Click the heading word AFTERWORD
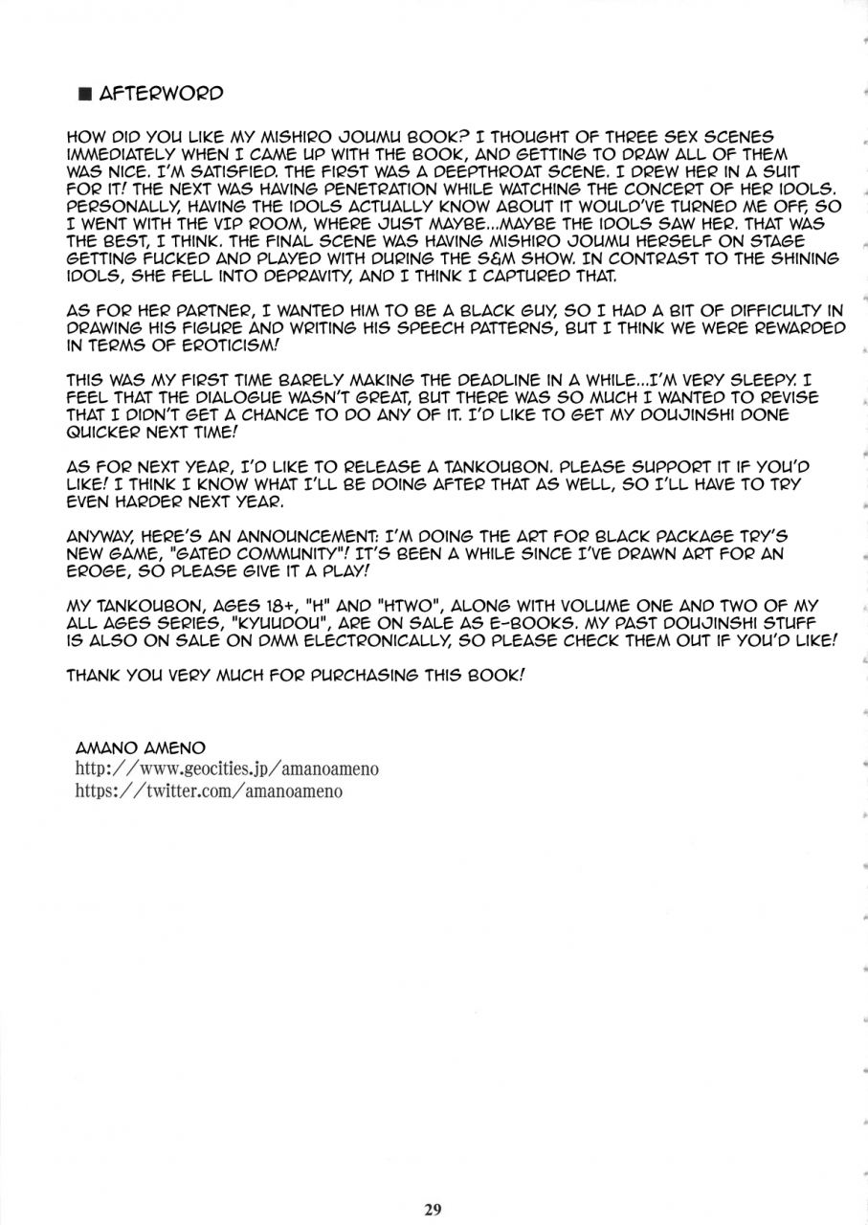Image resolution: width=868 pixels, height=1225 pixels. [x=161, y=93]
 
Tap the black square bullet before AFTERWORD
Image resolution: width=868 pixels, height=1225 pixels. [x=84, y=94]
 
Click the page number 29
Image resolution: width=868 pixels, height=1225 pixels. [x=433, y=1209]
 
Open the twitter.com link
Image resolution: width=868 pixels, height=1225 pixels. [x=209, y=791]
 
